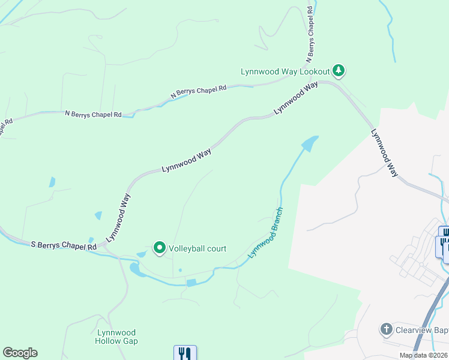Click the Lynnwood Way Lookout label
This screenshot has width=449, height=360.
click(x=286, y=71)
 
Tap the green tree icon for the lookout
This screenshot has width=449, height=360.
click(x=339, y=71)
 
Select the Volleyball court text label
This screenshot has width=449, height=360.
click(x=197, y=248)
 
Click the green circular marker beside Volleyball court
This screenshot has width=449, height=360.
click(x=160, y=247)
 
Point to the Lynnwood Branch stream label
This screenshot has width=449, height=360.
click(x=266, y=233)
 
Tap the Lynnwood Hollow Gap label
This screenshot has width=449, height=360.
click(x=116, y=337)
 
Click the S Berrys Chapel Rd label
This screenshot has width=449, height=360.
click(x=64, y=246)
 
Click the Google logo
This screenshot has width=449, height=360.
click(x=20, y=353)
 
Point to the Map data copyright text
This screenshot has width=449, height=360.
click(x=424, y=355)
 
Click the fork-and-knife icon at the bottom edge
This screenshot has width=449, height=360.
click(x=185, y=353)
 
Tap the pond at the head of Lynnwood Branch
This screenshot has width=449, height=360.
click(x=309, y=143)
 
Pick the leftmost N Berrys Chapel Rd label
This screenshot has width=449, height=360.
click(x=93, y=113)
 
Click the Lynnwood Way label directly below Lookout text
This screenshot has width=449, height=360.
click(x=296, y=99)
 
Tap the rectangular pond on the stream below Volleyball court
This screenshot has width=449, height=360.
click(x=191, y=283)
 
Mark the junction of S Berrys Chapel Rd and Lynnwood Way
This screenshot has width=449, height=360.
click(x=104, y=245)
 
